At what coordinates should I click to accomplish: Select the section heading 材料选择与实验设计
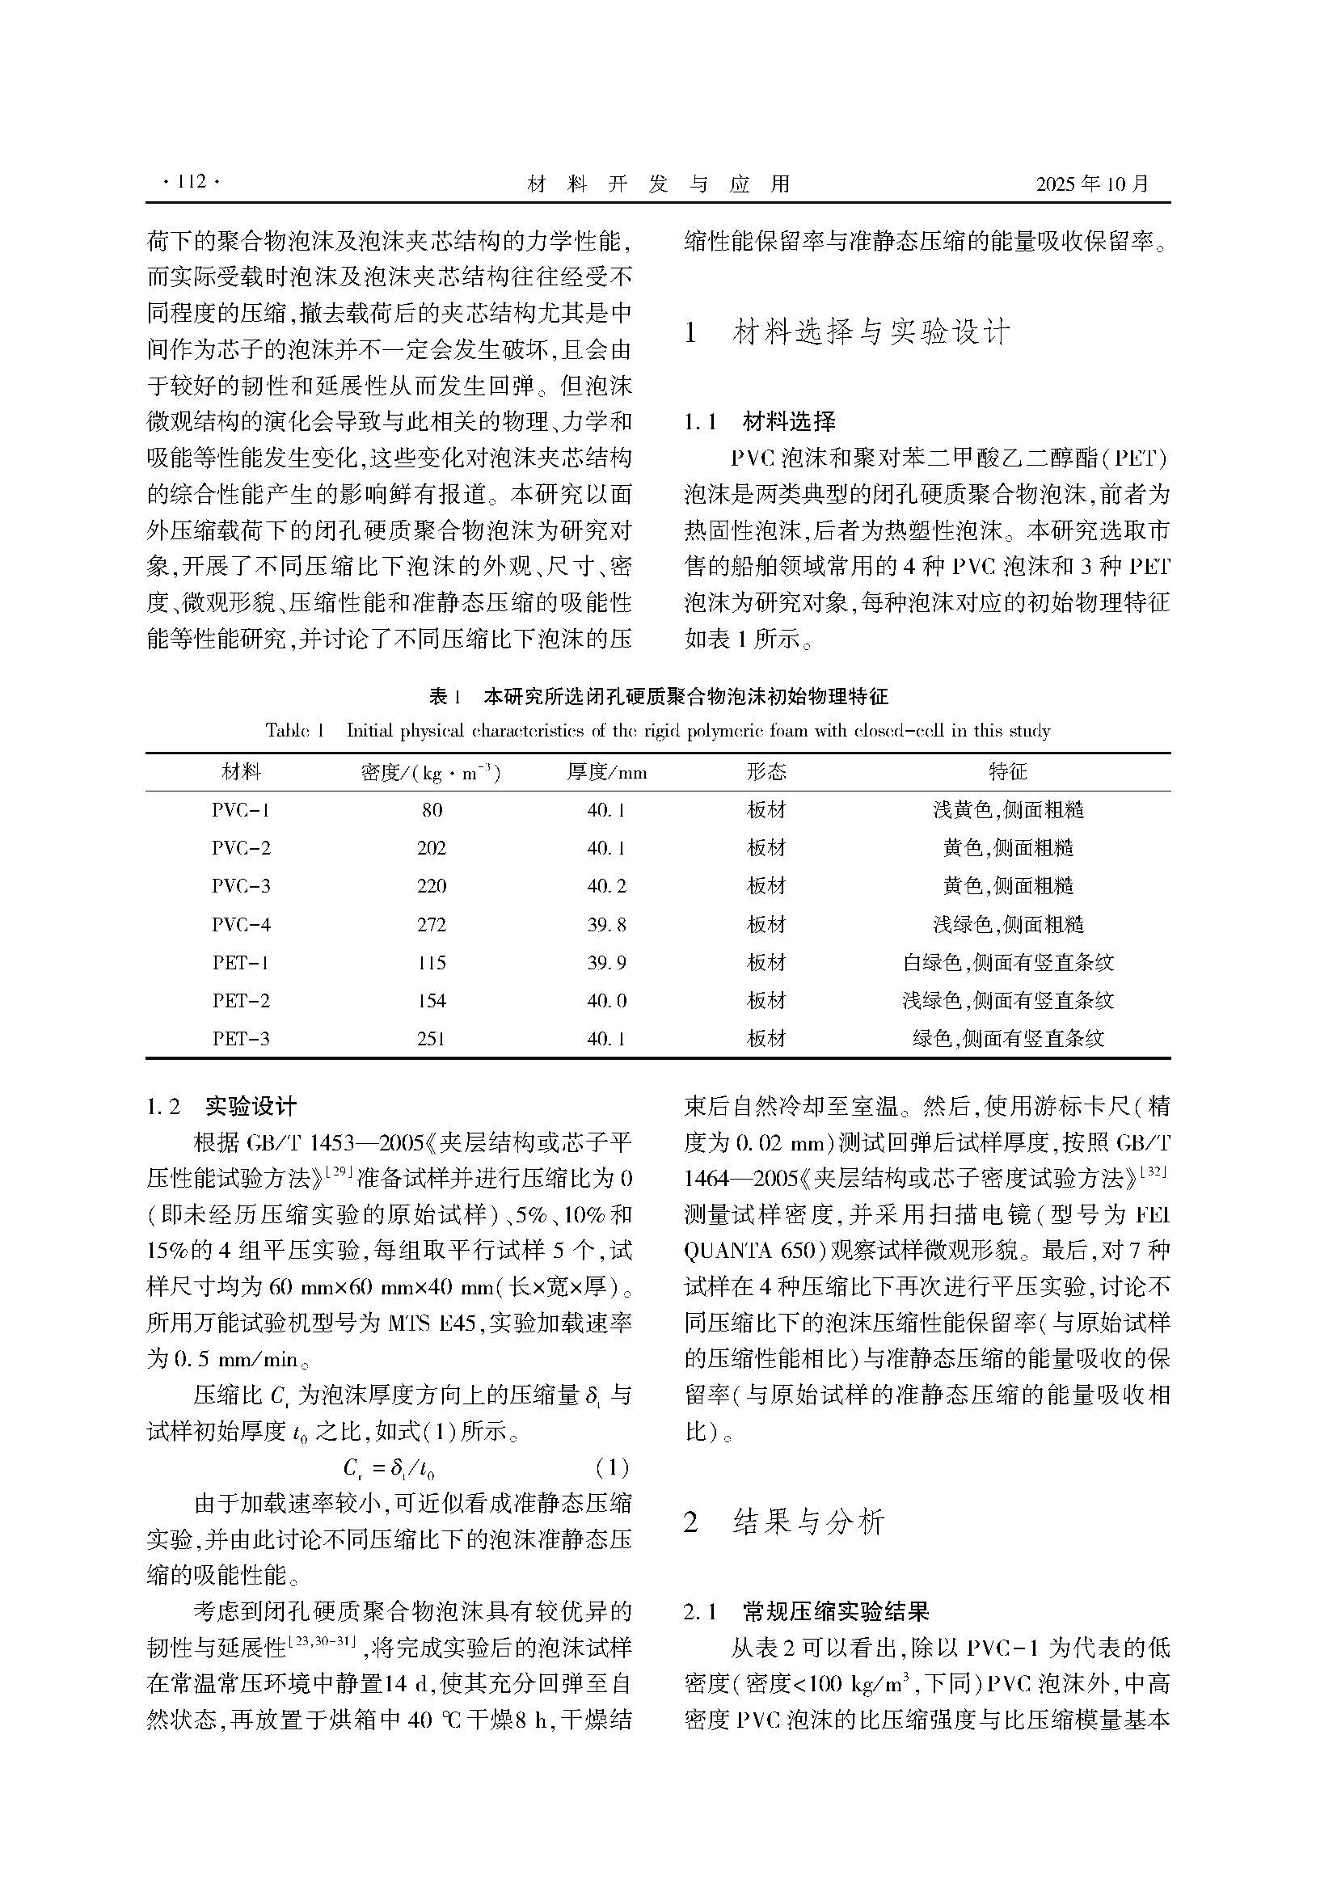[x=871, y=332]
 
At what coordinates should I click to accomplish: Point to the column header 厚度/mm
[x=607, y=772]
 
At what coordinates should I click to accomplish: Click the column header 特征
[x=1008, y=772]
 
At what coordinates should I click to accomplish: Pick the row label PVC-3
[x=240, y=886]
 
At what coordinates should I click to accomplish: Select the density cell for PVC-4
[x=432, y=924]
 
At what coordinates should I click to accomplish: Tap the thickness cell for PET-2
[x=607, y=1001]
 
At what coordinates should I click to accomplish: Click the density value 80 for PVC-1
[x=432, y=809]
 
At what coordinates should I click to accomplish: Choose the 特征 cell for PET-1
[x=1008, y=962]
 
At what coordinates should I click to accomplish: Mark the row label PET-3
[x=240, y=1039]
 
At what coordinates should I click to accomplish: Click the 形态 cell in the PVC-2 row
[x=766, y=847]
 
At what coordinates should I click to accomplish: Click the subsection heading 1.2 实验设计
[x=221, y=1106]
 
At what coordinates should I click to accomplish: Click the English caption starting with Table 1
[x=658, y=731]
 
